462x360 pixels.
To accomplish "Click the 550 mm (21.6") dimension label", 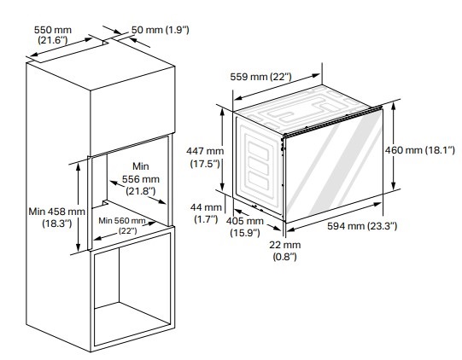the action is (x=52, y=35).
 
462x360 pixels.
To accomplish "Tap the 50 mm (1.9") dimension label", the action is (x=160, y=30).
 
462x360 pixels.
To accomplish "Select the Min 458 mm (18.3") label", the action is (x=56, y=218).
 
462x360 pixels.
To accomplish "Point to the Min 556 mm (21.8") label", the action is (x=141, y=178).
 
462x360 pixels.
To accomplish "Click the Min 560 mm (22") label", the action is (x=122, y=225).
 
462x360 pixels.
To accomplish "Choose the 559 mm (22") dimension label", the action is (x=260, y=77).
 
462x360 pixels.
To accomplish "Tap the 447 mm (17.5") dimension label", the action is (x=205, y=157).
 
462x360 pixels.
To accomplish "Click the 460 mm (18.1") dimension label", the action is (x=420, y=150).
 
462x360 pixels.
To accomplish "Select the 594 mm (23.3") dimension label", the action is (x=362, y=226).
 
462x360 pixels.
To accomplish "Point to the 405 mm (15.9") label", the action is (x=245, y=227).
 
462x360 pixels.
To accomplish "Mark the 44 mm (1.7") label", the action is (x=206, y=213).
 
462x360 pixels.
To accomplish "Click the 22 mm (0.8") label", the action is (x=284, y=251).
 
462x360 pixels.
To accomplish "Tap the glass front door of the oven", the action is (x=334, y=165).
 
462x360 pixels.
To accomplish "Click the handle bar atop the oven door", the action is (x=332, y=121).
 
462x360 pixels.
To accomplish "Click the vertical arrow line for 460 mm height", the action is (x=394, y=146).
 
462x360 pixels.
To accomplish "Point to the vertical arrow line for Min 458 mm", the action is (x=78, y=207).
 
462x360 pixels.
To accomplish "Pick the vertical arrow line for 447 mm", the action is (x=222, y=149).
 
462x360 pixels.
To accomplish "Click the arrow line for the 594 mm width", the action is (x=334, y=217).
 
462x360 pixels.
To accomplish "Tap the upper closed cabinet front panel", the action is (x=132, y=111).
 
